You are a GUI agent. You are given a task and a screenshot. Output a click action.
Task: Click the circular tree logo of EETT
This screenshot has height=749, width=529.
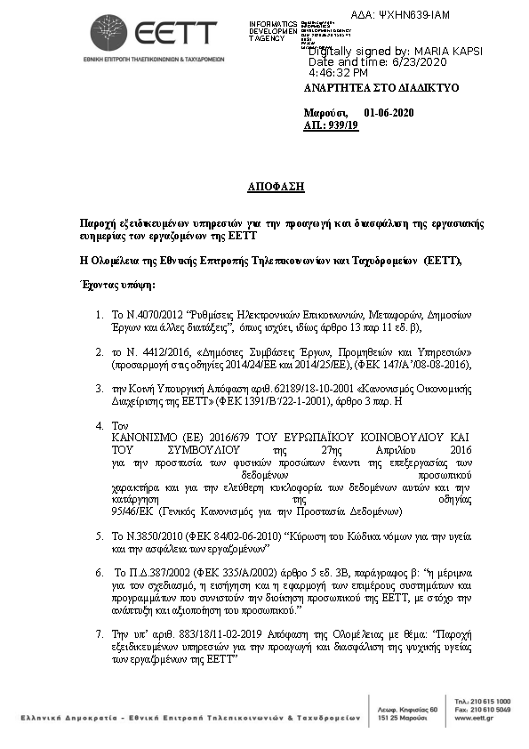click(x=108, y=33)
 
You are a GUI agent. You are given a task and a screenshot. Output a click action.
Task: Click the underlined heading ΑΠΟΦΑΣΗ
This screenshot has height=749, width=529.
click(x=276, y=187)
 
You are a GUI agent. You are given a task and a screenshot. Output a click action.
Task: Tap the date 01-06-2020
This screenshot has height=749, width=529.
click(x=389, y=113)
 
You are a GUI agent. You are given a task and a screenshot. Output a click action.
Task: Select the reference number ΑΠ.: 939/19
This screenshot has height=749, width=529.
click(x=331, y=126)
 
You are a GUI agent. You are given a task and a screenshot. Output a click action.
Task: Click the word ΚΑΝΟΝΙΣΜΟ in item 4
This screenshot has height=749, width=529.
click(x=152, y=438)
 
